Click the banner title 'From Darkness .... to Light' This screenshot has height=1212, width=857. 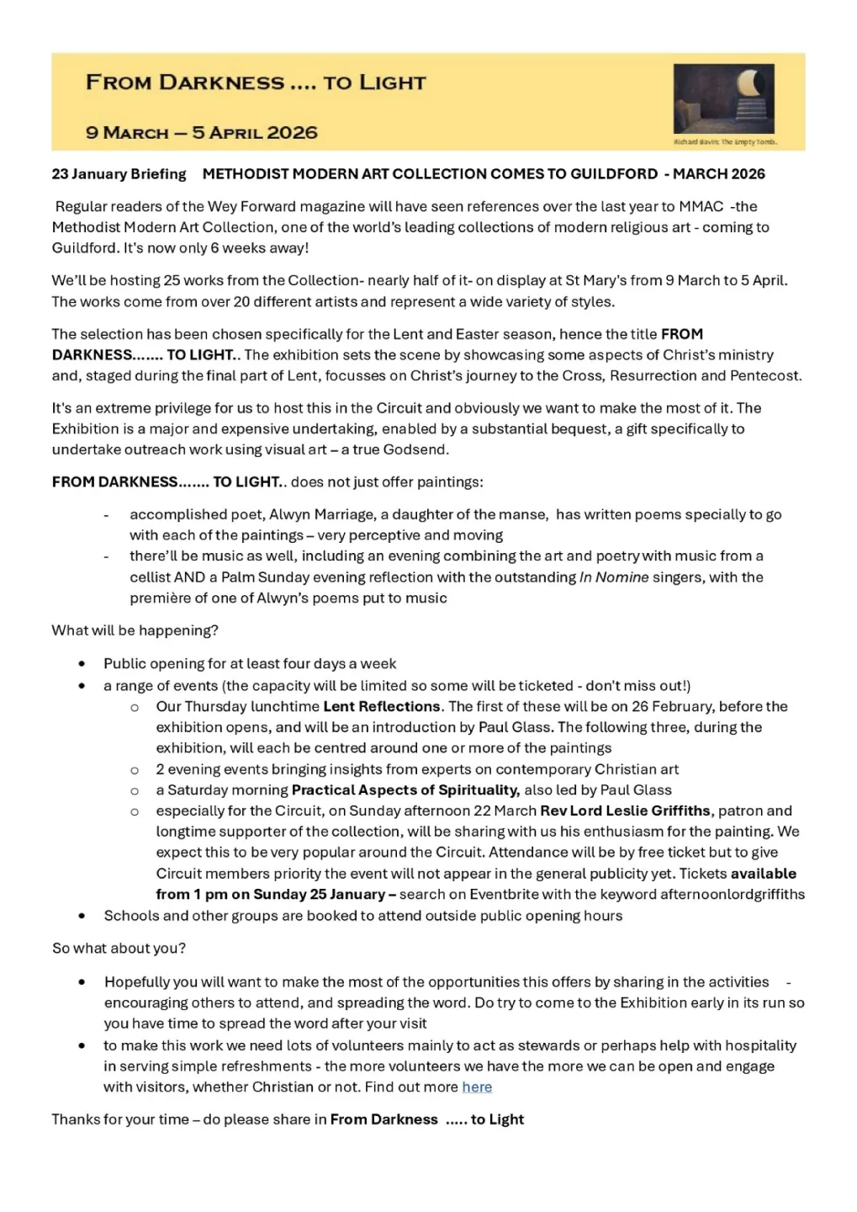click(256, 82)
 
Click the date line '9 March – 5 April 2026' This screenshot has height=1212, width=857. click(202, 132)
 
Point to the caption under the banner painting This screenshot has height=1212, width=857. click(725, 142)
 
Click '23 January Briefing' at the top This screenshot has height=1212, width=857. click(119, 174)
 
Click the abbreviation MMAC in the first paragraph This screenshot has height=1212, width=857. click(701, 206)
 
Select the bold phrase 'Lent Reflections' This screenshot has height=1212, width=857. click(382, 706)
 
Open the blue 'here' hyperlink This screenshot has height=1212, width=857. click(477, 1087)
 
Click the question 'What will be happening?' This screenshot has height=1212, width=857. click(135, 630)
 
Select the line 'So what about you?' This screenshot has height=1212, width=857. click(119, 948)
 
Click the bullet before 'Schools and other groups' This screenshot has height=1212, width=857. click(82, 916)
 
